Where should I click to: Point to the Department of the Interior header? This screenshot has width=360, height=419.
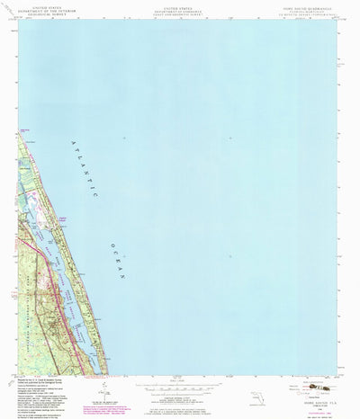click(38, 10)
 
